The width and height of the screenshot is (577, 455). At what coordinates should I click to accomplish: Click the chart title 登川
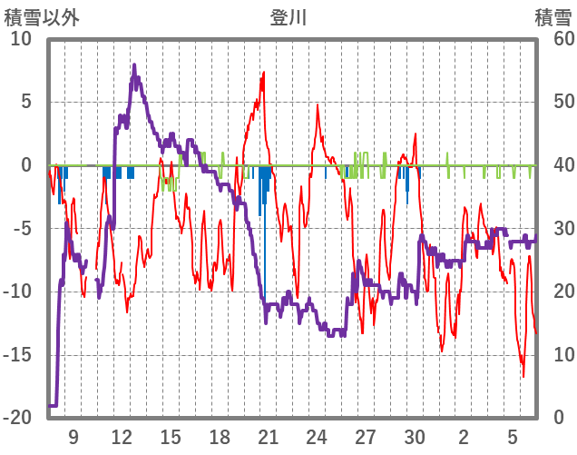pyautogui.click(x=288, y=17)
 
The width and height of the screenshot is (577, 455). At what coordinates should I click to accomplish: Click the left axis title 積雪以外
pyautogui.click(x=42, y=17)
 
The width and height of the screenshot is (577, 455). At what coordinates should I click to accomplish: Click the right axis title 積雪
pyautogui.click(x=553, y=17)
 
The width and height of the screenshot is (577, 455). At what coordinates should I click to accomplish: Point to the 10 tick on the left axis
pyautogui.click(x=21, y=39)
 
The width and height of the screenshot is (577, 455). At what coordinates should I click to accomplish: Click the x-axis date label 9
pyautogui.click(x=73, y=437)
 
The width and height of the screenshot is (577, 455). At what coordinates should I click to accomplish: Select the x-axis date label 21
pyautogui.click(x=268, y=437)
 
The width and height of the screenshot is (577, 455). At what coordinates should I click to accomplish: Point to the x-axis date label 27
pyautogui.click(x=366, y=437)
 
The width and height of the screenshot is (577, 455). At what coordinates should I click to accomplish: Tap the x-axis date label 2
pyautogui.click(x=464, y=437)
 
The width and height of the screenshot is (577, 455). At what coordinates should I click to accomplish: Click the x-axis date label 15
pyautogui.click(x=171, y=437)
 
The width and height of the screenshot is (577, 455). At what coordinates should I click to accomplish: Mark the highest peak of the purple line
pyautogui.click(x=134, y=65)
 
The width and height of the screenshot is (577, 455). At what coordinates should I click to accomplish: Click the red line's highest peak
pyautogui.click(x=264, y=73)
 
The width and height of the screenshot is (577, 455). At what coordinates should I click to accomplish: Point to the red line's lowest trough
pyautogui.click(x=523, y=376)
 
